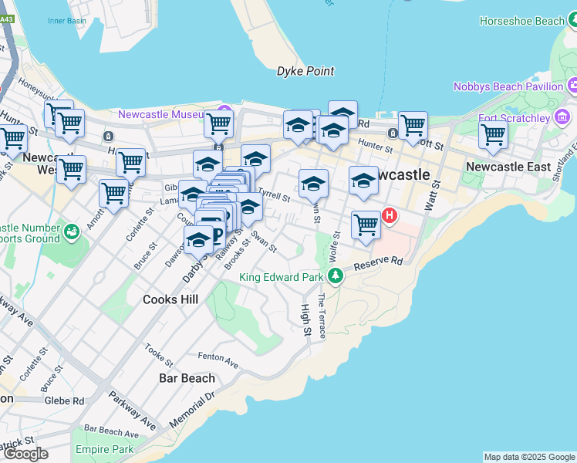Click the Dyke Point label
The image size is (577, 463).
point(305,71)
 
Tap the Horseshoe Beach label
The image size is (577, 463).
point(521,21)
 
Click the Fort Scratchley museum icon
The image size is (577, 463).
point(562,118)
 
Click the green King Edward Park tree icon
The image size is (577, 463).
point(335,275)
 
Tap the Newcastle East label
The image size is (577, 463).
point(508,167)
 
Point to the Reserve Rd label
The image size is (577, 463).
point(379,264)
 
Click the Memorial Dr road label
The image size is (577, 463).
point(187,414)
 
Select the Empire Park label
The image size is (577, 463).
point(104,449)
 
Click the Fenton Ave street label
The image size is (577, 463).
point(218,357)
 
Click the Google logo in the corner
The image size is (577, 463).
point(25,454)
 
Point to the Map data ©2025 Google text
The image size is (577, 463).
point(528,457)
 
